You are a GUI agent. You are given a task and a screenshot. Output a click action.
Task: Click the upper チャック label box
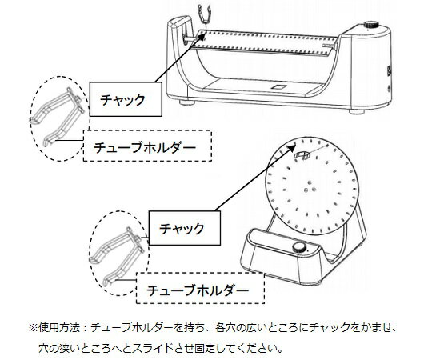pyautogui.click(x=121, y=99)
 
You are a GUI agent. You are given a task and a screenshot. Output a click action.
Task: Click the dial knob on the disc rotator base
pyautogui.click(x=299, y=249)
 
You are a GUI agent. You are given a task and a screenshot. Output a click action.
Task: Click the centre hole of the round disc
pyautogui.click(x=308, y=193)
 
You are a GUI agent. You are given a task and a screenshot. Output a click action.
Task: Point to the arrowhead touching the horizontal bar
pyautogui.click(x=202, y=37)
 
